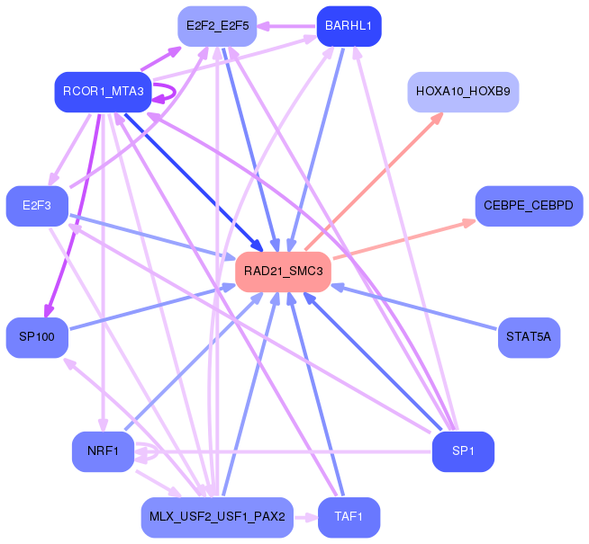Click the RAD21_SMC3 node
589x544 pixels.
coord(283,272)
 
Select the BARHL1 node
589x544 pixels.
coord(349,26)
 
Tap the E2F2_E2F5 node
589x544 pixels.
coord(217,26)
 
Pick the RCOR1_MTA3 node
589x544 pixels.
coord(104,92)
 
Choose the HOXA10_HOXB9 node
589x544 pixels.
coord(463,92)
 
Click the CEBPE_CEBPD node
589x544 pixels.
coord(529,206)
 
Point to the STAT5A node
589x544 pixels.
coord(529,337)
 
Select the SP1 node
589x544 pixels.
coord(463,451)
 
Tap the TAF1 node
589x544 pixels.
coord(349,517)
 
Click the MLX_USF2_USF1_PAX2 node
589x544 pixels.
coord(217,517)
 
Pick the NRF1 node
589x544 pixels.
coord(104,451)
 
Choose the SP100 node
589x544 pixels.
coord(37,337)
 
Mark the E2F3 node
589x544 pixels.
coord(37,206)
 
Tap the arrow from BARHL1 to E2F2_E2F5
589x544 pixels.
coord(286,26)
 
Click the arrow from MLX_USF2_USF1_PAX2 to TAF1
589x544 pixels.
coord(306,517)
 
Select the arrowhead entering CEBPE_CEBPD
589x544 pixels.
coord(468,223)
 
